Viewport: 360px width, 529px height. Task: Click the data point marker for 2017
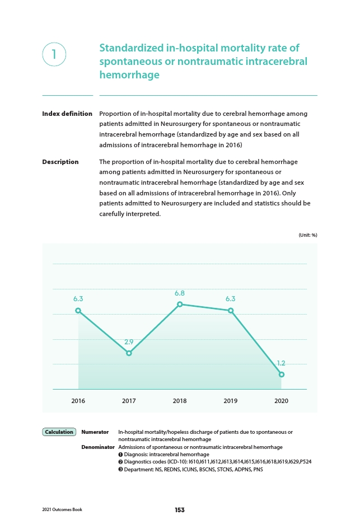pos(129,353)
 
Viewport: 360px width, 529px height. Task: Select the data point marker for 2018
pos(180,305)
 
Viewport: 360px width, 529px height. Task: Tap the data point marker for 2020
pos(282,374)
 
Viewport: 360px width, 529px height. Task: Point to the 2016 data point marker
pos(78,310)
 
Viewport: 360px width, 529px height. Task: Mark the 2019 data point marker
pos(231,310)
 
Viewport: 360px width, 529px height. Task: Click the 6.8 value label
pos(180,293)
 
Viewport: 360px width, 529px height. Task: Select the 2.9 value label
pos(129,342)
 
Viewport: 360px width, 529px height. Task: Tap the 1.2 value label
pos(281,363)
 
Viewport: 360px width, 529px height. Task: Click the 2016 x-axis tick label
pos(78,401)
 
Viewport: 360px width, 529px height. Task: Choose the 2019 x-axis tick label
pos(231,401)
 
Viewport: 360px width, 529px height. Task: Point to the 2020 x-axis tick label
pos(282,401)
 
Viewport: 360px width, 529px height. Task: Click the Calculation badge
pos(59,432)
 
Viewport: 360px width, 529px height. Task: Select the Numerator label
pos(95,432)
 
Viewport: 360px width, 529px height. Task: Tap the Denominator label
pos(98,447)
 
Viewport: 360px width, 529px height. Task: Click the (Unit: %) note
pos(308,235)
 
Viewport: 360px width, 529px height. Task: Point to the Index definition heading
pos(67,114)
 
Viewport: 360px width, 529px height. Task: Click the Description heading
pos(60,162)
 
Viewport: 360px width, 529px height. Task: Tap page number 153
pos(180,510)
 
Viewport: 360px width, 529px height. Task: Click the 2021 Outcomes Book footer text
pos(62,509)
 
